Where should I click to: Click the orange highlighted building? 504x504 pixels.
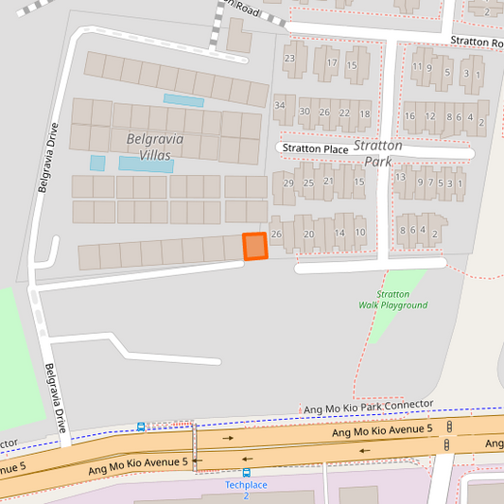click(254, 246)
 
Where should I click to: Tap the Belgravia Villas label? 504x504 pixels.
click(154, 146)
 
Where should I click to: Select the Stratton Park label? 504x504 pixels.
click(377, 153)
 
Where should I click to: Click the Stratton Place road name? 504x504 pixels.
click(315, 149)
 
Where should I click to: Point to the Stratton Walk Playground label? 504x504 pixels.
click(393, 300)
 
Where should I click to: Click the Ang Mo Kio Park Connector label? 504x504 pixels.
click(368, 407)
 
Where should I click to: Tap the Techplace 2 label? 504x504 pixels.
click(246, 490)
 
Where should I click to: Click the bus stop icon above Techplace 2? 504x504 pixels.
click(247, 472)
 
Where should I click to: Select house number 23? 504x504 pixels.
click(289, 59)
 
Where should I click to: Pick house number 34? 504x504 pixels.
click(279, 104)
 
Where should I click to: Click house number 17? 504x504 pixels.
click(331, 63)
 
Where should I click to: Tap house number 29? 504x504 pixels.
click(288, 182)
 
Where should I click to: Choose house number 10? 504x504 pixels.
click(360, 232)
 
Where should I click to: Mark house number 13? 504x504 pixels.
click(400, 177)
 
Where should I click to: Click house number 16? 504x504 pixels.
click(409, 116)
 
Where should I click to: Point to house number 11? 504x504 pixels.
click(417, 66)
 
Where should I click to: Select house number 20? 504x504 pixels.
click(308, 234)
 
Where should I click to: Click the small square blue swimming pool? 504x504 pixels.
click(97, 163)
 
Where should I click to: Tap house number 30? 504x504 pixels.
click(304, 112)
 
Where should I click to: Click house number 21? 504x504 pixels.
click(329, 181)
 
